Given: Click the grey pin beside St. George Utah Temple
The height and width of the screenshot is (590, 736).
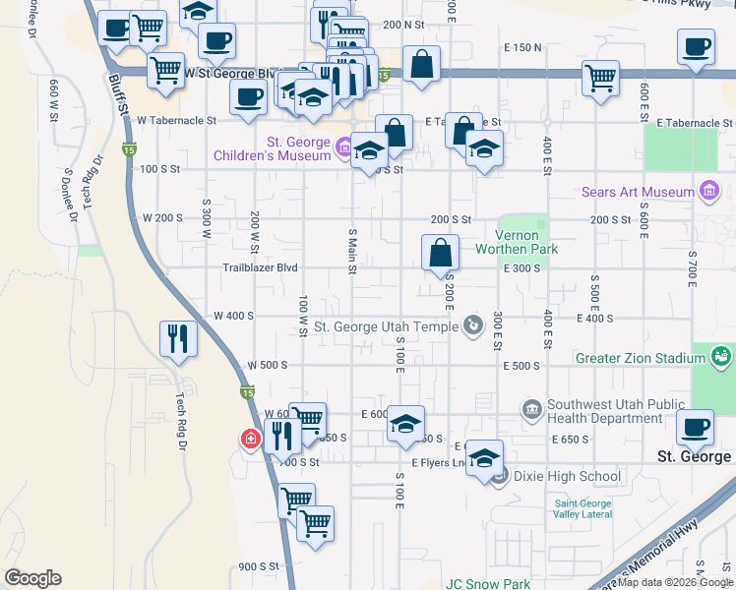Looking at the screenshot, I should click(x=473, y=324).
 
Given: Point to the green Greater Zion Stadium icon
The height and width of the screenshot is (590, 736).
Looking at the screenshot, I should click(x=721, y=355).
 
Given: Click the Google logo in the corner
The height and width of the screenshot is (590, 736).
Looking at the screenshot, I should click(x=32, y=578).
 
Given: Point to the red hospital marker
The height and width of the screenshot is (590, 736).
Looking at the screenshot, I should click(x=251, y=438).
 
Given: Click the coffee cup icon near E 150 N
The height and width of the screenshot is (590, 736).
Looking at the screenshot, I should click(x=697, y=47).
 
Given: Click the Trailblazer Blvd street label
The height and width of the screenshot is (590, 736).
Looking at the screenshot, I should click(x=260, y=267).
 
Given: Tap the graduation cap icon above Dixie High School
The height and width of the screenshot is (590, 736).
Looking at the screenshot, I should click(x=484, y=458).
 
